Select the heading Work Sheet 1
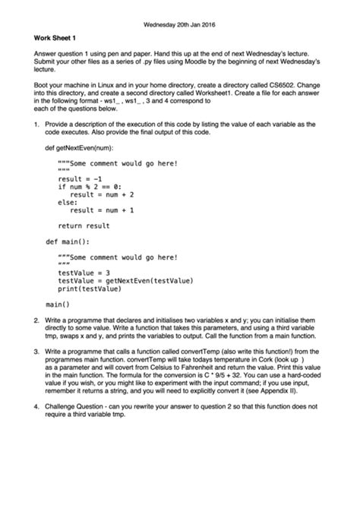click(54, 38)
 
